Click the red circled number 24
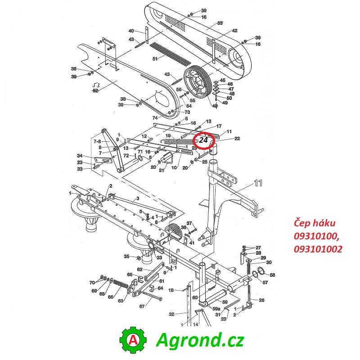pos(203,140)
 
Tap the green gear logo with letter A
pos(133,340)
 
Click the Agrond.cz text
pos(200,340)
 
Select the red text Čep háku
pos(315,223)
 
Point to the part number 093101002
pos(318,249)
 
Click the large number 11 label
pos(258,183)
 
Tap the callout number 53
pos(220,23)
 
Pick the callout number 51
pos(155,59)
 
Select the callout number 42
pos(234,31)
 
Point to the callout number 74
pos(155,118)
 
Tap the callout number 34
pos(80,156)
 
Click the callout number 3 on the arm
pos(138,198)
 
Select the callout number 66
pos(110,297)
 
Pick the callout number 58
pos(272,275)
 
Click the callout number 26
pos(261,300)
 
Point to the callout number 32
pos(171,314)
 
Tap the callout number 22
pos(237,139)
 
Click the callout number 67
pos(142,306)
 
